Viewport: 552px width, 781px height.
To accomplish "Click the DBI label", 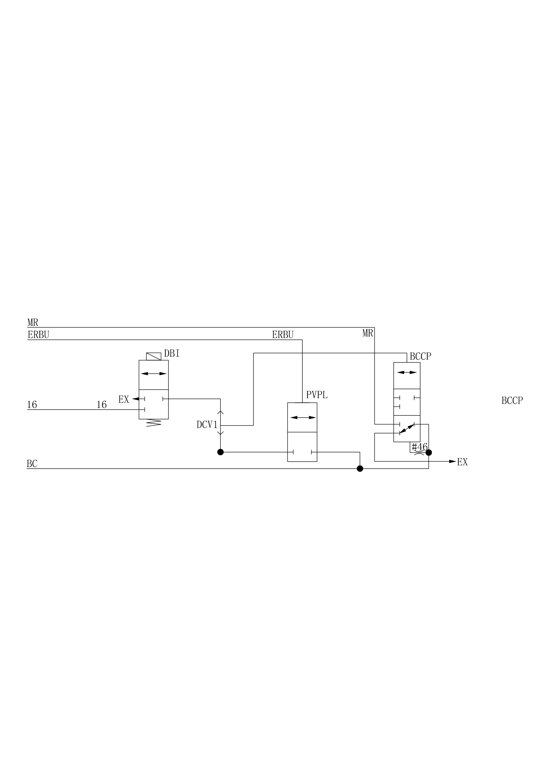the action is (x=172, y=354).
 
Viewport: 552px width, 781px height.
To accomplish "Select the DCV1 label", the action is (x=207, y=425).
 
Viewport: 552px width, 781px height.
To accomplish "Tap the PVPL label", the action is (x=317, y=395).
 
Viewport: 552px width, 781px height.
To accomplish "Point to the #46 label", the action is (x=419, y=447).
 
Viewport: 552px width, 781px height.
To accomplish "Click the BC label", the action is (x=32, y=464).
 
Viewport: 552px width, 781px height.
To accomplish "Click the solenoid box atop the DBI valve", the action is (x=154, y=356).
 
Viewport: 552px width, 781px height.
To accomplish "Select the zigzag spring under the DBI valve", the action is (x=154, y=423).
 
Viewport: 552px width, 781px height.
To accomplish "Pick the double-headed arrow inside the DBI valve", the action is (x=154, y=374).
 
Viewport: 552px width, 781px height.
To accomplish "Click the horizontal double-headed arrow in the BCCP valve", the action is (x=407, y=372).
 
